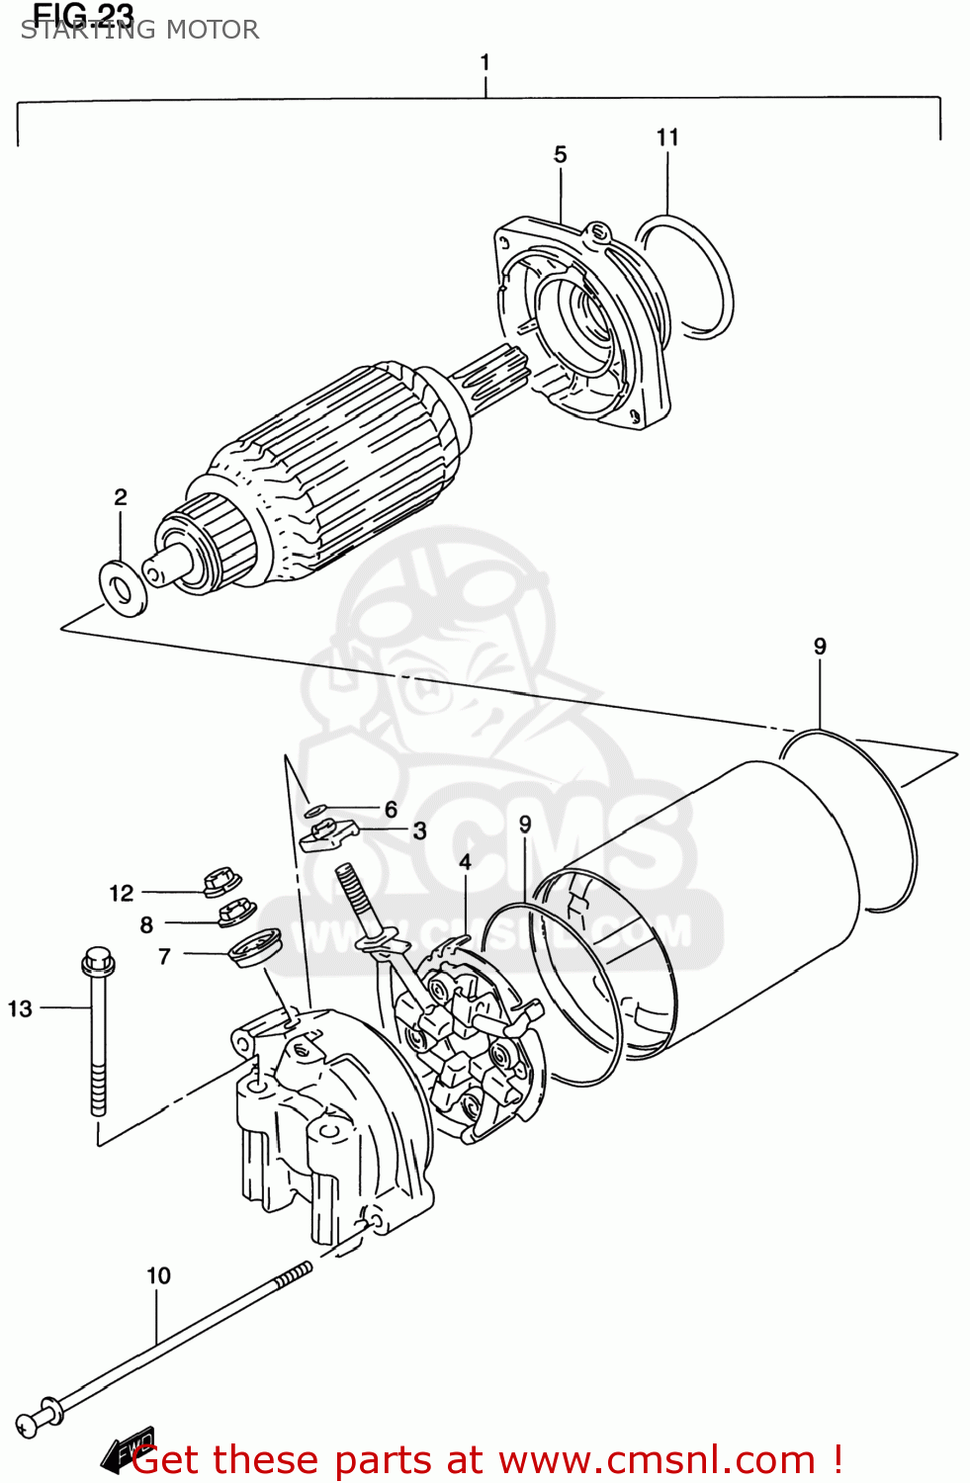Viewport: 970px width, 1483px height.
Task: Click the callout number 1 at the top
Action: pos(485,62)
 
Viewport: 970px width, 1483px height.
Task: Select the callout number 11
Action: pos(667,137)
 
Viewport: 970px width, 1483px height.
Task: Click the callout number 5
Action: pos(560,154)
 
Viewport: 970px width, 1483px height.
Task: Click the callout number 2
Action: pos(121,496)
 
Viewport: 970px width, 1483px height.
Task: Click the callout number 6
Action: pos(391,809)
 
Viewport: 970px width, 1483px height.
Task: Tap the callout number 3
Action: pos(419,830)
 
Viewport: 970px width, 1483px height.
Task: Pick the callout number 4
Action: pos(465,861)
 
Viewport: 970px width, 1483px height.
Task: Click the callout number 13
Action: pos(20,1008)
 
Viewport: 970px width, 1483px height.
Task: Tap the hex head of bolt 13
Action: pos(98,959)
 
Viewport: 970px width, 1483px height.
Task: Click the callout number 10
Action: pos(158,1275)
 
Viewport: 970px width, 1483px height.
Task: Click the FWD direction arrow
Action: pos(129,1448)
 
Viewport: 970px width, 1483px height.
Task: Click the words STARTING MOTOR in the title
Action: pos(139,30)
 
